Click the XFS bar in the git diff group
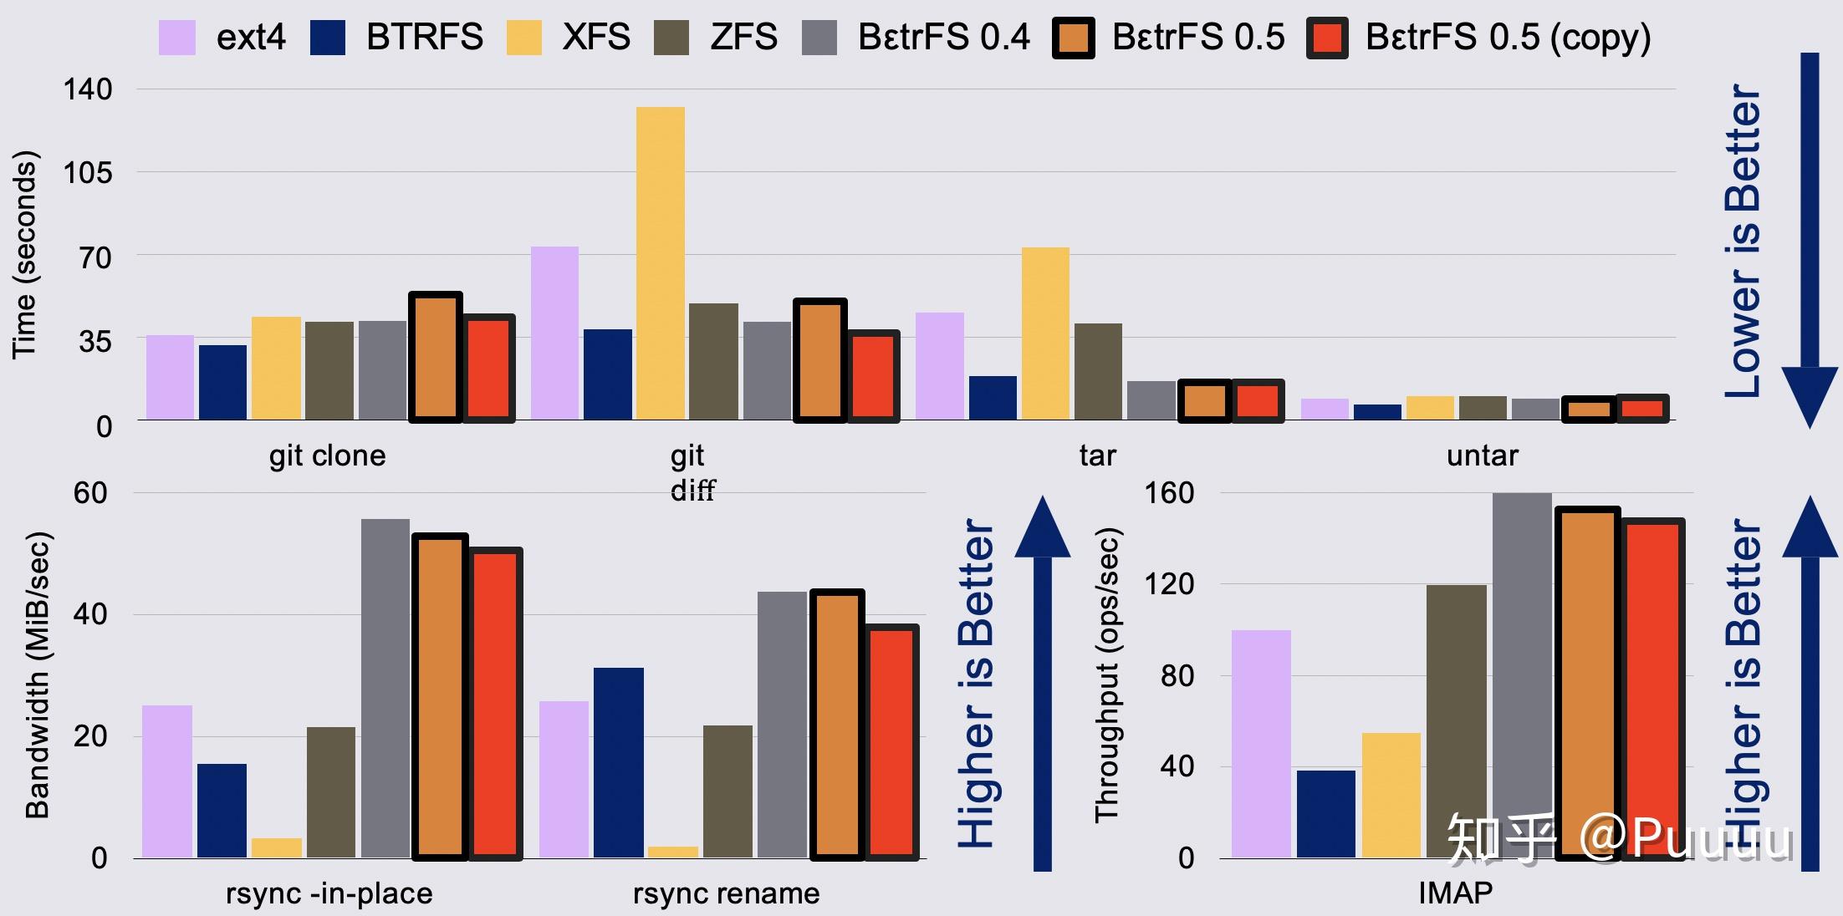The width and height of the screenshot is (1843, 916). pyautogui.click(x=661, y=263)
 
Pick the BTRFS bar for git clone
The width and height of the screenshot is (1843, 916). pyautogui.click(x=222, y=382)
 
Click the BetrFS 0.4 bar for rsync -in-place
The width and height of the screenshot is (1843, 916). pyautogui.click(x=385, y=689)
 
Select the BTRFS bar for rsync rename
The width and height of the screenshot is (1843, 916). pyautogui.click(x=619, y=762)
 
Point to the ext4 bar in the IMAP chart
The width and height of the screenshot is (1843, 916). pyautogui.click(x=1261, y=744)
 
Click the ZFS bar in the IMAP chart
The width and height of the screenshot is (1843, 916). pyautogui.click(x=1457, y=720)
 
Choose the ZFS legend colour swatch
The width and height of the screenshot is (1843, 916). pyautogui.click(x=671, y=38)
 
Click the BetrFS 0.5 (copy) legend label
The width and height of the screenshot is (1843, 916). pyautogui.click(x=1508, y=38)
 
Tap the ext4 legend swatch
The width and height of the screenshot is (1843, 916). pyautogui.click(x=177, y=38)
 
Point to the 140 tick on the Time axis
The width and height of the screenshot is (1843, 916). pyautogui.click(x=88, y=89)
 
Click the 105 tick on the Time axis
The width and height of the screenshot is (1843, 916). pyautogui.click(x=88, y=173)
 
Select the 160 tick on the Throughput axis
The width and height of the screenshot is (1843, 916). pyautogui.click(x=1169, y=493)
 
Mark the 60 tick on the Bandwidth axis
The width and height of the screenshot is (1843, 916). pyautogui.click(x=90, y=493)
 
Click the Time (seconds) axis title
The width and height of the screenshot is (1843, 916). pyautogui.click(x=25, y=255)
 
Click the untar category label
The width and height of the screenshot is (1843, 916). pyautogui.click(x=1482, y=455)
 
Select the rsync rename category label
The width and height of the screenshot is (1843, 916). pyautogui.click(x=726, y=893)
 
